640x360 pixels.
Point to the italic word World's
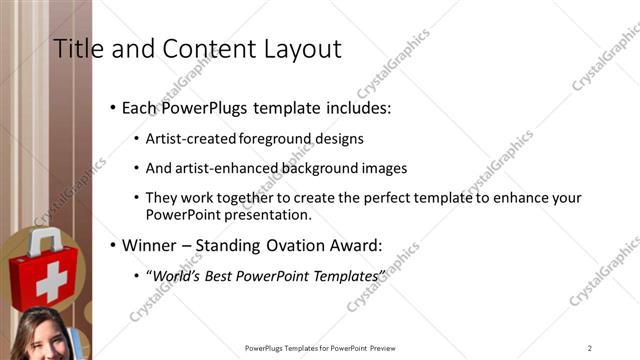pyautogui.click(x=176, y=275)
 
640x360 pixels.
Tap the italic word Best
pyautogui.click(x=226, y=275)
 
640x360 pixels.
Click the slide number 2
pyautogui.click(x=590, y=348)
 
